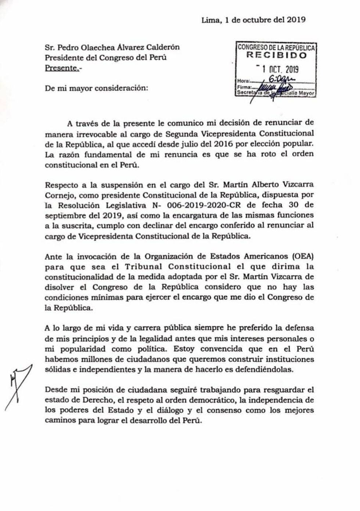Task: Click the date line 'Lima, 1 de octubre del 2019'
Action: point(253,20)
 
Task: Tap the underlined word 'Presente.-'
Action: point(62,68)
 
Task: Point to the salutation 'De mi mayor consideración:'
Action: point(97,88)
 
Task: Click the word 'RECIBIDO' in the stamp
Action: point(276,55)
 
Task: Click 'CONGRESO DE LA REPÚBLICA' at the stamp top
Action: point(276,47)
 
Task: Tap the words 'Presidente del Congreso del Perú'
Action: point(106,58)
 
